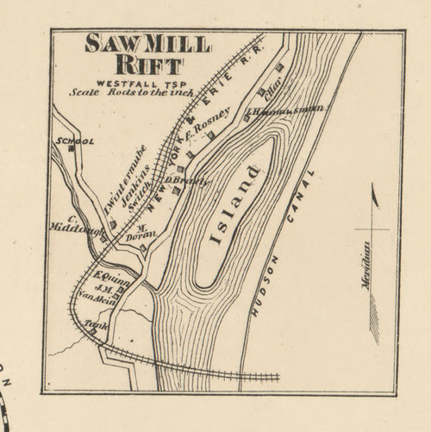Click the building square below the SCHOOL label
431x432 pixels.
74,152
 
